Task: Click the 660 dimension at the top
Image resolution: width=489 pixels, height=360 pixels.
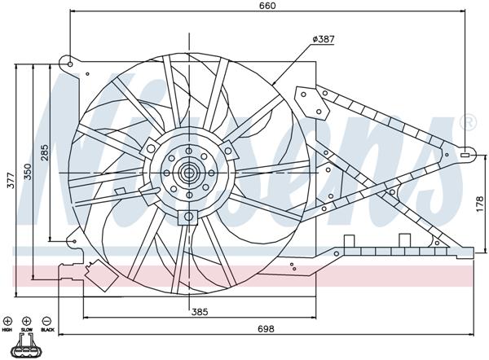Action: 268,7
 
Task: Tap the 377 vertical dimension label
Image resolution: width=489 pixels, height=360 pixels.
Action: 10,181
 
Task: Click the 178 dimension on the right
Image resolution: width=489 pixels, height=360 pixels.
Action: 479,204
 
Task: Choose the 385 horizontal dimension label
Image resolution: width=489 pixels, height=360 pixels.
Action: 200,310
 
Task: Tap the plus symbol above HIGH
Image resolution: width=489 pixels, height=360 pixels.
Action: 7,321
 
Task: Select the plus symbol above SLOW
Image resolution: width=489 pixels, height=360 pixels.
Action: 26,321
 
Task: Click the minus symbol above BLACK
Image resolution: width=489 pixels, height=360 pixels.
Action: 46,321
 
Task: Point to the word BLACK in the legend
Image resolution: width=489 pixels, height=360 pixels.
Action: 46,331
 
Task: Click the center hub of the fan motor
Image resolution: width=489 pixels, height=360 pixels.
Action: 189,172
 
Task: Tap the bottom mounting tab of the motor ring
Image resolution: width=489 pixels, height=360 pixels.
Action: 188,217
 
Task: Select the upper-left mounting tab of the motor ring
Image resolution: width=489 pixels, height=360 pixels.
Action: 152,147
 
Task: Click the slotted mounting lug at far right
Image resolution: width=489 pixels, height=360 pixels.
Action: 465,152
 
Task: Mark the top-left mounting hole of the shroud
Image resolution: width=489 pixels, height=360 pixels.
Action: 72,63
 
